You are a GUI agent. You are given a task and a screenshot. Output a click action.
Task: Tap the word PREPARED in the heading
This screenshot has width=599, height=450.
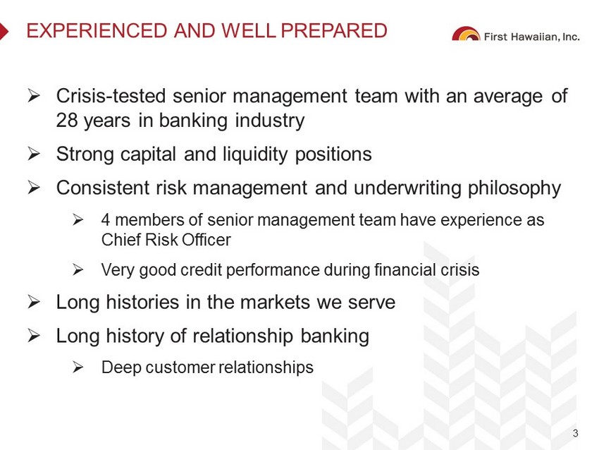334,30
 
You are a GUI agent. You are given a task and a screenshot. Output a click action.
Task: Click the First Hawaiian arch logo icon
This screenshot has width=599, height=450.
466,34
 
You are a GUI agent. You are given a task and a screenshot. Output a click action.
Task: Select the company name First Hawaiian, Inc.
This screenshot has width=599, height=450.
532,37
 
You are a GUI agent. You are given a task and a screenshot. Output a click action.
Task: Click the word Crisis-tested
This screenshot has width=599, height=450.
111,96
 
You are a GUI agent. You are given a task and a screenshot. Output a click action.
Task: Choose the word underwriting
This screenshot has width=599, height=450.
407,188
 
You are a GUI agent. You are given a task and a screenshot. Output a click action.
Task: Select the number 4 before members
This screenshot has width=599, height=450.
106,220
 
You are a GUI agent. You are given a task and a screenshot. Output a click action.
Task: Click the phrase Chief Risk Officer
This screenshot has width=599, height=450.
166,240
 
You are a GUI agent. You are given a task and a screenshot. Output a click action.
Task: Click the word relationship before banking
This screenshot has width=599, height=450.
243,336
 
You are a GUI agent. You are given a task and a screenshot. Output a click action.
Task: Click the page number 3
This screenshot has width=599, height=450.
575,434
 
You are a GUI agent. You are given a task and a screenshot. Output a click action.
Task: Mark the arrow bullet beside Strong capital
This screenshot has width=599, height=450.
34,154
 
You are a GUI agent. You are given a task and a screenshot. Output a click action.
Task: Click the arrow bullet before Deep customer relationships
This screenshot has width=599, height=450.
78,367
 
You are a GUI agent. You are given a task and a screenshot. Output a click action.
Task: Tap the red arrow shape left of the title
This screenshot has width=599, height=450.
4,31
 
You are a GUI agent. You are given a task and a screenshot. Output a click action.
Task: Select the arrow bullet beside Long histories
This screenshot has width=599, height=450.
34,302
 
